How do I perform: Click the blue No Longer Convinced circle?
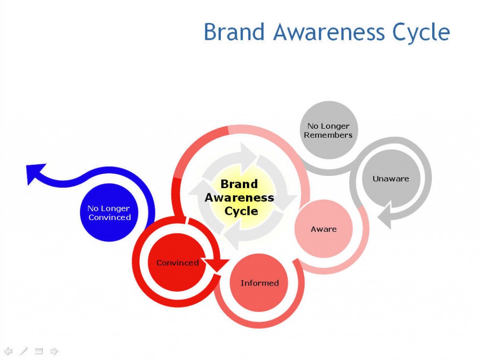[x=109, y=213]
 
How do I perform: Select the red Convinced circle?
[x=177, y=262]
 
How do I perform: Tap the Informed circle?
[x=259, y=283]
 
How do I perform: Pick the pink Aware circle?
[x=324, y=229]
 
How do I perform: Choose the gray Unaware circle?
[x=391, y=178]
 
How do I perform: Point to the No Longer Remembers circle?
[x=329, y=130]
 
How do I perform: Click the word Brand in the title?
[x=234, y=32]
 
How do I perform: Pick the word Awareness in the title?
[x=329, y=32]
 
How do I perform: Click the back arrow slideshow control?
[x=8, y=351]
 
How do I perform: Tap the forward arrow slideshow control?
[x=54, y=351]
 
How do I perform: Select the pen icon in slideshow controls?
[x=23, y=351]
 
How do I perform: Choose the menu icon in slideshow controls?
[x=39, y=351]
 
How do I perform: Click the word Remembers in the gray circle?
[x=328, y=135]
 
